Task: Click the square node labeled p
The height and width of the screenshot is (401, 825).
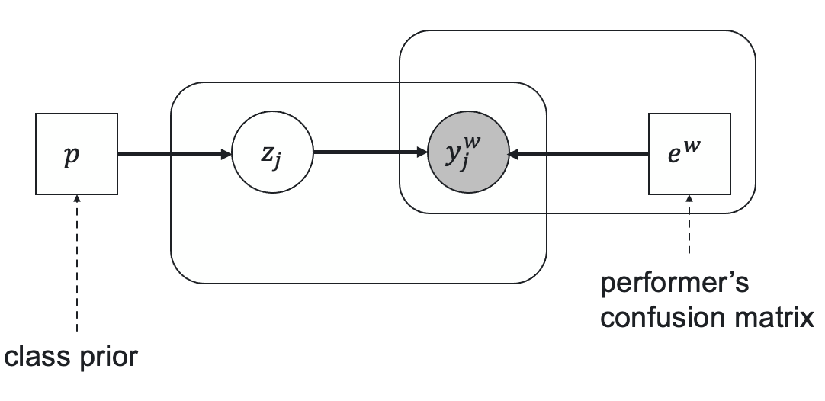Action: pos(76,154)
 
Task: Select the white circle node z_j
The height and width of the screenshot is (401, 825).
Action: pos(272,152)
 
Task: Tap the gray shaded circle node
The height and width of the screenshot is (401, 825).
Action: pos(468,152)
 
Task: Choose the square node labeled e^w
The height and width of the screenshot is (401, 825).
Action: pos(689,154)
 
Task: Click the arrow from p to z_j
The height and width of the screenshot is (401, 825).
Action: pos(175,154)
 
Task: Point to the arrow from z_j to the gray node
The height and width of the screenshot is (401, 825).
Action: pos(371,152)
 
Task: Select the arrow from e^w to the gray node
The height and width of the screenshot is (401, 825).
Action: pos(578,154)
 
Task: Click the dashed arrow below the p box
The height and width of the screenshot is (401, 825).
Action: pos(77,263)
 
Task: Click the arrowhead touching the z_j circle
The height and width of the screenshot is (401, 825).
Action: pos(226,154)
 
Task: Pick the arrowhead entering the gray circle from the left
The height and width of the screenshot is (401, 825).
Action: pos(422,152)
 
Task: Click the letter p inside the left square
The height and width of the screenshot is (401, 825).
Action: pos(72,156)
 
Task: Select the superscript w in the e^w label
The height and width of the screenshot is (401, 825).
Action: pos(692,145)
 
